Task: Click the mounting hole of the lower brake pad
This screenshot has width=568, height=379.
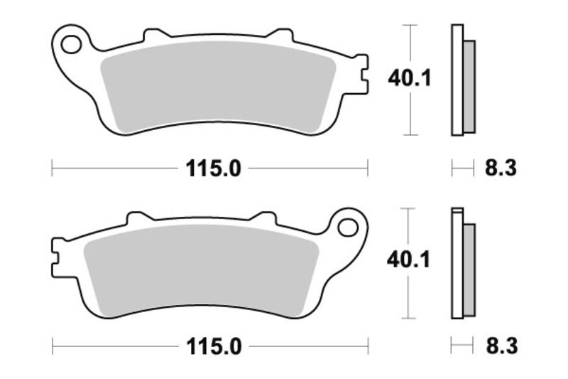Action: tap(348, 228)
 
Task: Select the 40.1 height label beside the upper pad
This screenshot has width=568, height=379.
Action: tap(409, 79)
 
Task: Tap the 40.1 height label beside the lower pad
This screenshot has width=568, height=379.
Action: tap(409, 261)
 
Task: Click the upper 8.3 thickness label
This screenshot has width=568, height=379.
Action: tap(500, 169)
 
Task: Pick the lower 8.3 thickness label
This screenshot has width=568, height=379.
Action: tap(500, 346)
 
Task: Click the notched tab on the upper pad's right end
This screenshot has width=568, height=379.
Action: tap(362, 73)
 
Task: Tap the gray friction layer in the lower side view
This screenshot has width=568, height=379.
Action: tap(469, 270)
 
